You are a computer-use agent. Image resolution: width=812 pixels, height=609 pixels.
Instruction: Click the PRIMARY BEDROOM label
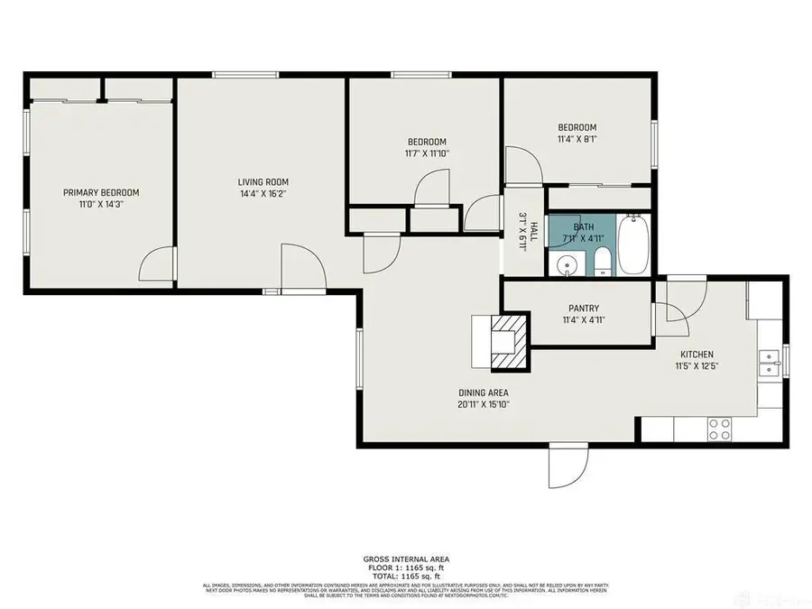pos(101,192)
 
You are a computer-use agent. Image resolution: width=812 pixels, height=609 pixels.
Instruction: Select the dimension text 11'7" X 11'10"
pos(427,153)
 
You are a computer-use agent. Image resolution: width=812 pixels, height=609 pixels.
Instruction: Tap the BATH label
pos(583,226)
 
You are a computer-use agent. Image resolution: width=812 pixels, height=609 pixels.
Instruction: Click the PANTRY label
pos(584,309)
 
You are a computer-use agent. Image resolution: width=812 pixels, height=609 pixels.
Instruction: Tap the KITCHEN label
pos(697,355)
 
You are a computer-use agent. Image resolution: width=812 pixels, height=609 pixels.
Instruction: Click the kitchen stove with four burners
pos(719,429)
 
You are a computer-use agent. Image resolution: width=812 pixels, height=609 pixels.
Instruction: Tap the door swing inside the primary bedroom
pos(155,265)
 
